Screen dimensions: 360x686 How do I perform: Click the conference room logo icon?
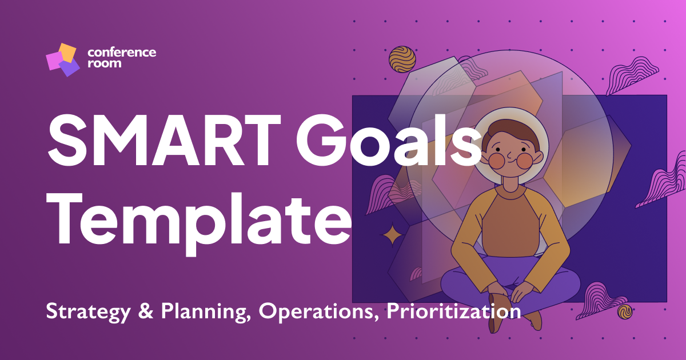tap(62, 59)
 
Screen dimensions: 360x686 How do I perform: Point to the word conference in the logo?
tap(121, 53)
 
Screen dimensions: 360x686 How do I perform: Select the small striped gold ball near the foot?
tap(624, 311)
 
